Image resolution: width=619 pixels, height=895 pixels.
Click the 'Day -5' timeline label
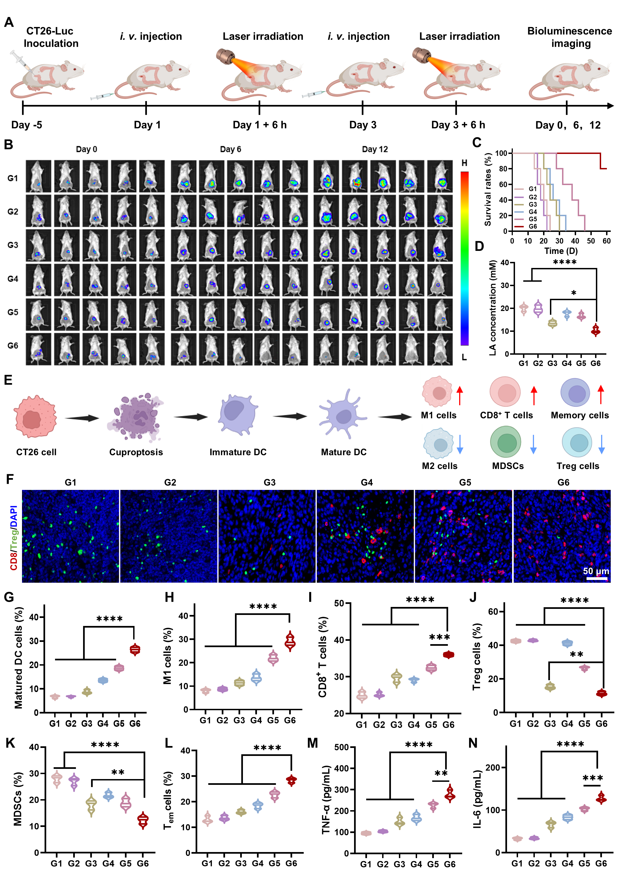[26, 125]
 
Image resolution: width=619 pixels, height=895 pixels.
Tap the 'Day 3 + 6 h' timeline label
[458, 125]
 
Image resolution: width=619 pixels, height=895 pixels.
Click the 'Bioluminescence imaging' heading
[569, 37]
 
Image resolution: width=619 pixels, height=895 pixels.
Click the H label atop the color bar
[464, 163]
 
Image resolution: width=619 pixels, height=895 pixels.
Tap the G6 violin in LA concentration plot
[595, 331]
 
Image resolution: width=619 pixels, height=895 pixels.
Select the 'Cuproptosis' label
[136, 452]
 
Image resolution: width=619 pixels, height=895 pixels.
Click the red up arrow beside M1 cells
[460, 395]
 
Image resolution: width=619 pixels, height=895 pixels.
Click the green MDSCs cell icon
[505, 442]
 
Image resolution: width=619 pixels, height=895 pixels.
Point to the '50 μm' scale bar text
[596, 571]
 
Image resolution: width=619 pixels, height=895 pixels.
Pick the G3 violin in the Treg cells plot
[550, 687]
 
